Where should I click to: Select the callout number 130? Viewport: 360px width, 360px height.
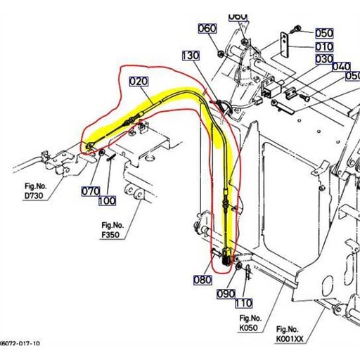pyautogui.click(x=191, y=55)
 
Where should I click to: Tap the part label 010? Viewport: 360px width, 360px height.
pyautogui.click(x=323, y=46)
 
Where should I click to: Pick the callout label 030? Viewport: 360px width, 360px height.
pyautogui.click(x=323, y=59)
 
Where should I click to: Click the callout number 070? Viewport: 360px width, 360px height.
pyautogui.click(x=90, y=191)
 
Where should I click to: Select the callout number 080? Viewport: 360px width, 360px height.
pyautogui.click(x=201, y=279)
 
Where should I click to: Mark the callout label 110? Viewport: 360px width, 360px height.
pyautogui.click(x=243, y=303)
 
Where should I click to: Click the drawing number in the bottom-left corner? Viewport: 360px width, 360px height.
pyautogui.click(x=20, y=344)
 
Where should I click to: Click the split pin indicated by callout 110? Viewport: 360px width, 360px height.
pyautogui.click(x=247, y=273)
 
